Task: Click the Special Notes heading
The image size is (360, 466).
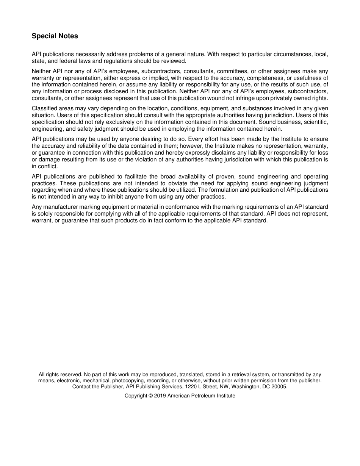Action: (x=55, y=36)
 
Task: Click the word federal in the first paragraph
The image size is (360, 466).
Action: (x=67, y=61)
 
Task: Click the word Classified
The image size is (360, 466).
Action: (x=45, y=108)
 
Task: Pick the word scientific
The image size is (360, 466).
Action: (x=315, y=122)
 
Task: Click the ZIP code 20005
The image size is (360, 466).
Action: (x=280, y=387)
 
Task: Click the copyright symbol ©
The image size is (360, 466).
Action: (x=150, y=396)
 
